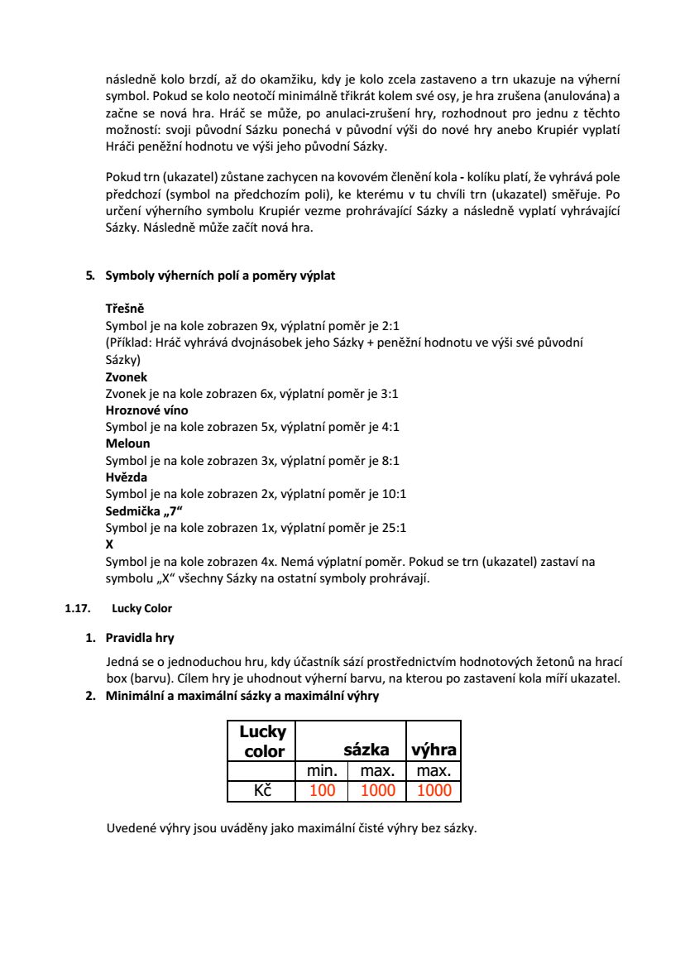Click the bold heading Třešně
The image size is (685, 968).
pyautogui.click(x=125, y=309)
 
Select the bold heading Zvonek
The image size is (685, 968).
pyautogui.click(x=127, y=376)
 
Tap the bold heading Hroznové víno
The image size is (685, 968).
pyautogui.click(x=146, y=410)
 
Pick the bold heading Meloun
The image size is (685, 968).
pyautogui.click(x=127, y=443)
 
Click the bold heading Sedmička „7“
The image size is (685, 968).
pyautogui.click(x=143, y=510)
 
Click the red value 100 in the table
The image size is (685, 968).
pyautogui.click(x=322, y=791)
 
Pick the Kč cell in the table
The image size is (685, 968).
pyautogui.click(x=262, y=791)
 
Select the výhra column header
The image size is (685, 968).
pyautogui.click(x=434, y=750)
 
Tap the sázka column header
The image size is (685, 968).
pyautogui.click(x=366, y=750)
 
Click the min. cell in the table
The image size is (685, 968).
pyautogui.click(x=322, y=771)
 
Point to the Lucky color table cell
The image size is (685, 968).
pyautogui.click(x=262, y=741)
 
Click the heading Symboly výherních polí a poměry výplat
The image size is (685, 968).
pyautogui.click(x=220, y=276)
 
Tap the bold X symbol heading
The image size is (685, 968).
pyautogui.click(x=110, y=544)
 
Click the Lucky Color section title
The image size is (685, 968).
pyautogui.click(x=141, y=608)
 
